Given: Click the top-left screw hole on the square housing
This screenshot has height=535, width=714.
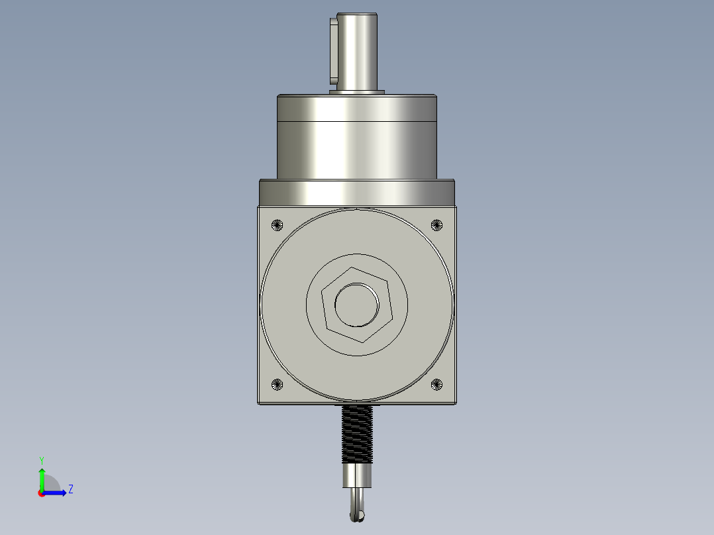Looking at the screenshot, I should coord(278,225).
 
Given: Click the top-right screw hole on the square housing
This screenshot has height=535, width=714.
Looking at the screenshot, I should coord(436,225).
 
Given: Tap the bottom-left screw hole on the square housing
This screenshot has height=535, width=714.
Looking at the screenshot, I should coord(278,384).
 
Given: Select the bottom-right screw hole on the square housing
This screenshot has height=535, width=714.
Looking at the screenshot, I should coord(436,384).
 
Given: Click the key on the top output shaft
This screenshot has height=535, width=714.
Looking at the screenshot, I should coord(333,50).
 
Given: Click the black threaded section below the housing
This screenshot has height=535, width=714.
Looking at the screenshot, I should coord(357,433).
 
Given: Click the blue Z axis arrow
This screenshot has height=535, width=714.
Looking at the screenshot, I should coord(56,492).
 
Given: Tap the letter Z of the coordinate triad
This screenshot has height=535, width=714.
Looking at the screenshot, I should coord(70,489).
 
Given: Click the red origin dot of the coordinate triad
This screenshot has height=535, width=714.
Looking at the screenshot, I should coord(41,493).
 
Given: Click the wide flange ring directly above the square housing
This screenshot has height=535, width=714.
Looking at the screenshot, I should coord(357,192).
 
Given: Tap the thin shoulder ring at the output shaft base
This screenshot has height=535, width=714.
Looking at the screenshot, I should coord(357,92).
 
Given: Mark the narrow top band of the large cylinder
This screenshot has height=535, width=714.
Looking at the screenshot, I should coord(357,109).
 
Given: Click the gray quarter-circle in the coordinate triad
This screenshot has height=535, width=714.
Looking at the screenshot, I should coord(51,485).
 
